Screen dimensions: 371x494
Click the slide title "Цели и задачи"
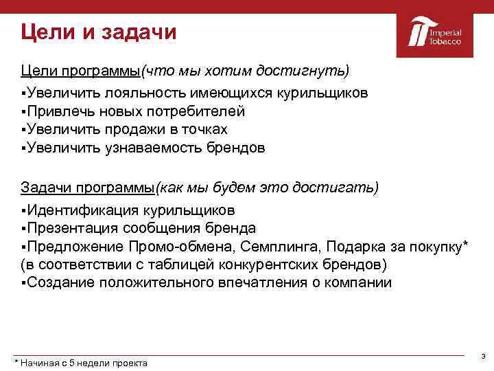coord(98,32)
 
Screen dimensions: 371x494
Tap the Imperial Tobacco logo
coord(435,33)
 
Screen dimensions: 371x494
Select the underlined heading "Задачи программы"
coord(88,188)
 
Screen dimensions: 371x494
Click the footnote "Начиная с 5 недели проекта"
coord(83,363)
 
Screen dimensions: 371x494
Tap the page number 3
coord(483,356)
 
